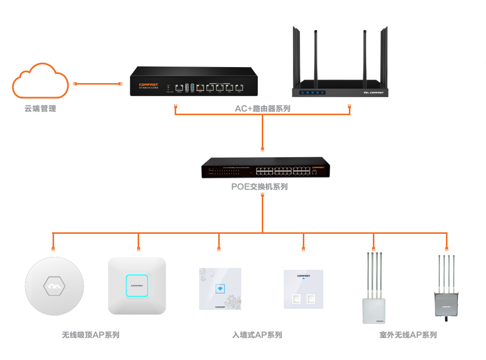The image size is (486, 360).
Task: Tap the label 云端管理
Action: pos(40,108)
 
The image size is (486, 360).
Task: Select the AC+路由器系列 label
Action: pos(262,108)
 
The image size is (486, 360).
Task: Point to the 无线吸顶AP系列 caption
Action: pos(91,334)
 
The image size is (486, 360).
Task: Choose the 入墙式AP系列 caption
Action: pos(257,334)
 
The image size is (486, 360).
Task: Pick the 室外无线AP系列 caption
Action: pos(408,334)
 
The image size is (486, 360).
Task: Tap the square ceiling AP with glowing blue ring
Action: pos(137,286)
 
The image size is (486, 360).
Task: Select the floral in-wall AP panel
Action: pos(220,288)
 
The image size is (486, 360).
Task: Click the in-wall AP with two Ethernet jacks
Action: pos(303,289)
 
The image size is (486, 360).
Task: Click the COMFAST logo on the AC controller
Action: pos(149,85)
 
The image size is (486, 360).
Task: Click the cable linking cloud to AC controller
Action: pos(98,83)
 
